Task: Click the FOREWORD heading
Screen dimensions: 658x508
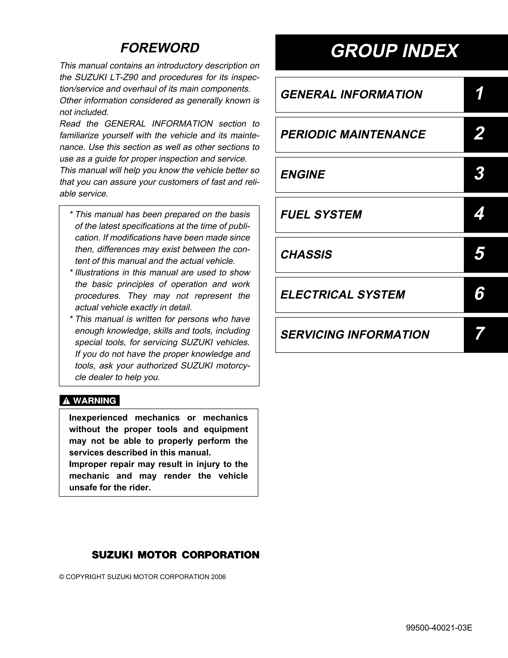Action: (160, 48)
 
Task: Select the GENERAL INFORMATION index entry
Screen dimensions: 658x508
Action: (351, 95)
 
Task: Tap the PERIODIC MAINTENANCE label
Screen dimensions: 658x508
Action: (353, 135)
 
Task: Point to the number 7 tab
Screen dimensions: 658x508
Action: (479, 334)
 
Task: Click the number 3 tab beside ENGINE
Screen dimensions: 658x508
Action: (479, 174)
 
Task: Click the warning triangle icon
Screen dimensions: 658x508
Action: (66, 401)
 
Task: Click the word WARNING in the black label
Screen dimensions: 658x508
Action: (95, 401)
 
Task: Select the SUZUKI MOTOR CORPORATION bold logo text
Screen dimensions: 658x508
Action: (175, 555)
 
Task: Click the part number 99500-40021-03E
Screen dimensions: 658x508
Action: (439, 628)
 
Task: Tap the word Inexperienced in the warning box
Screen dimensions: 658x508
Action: (98, 418)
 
